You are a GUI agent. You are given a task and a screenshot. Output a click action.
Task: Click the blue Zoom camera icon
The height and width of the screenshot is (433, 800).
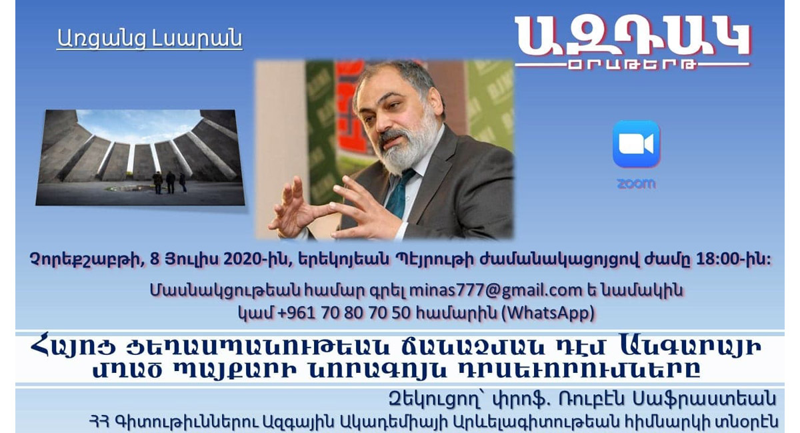pyautogui.click(x=636, y=143)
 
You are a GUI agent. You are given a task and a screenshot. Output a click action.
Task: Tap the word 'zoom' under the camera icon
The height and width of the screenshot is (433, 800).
pyautogui.click(x=636, y=183)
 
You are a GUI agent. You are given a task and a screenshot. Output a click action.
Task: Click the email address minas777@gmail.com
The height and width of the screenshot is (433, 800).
pyautogui.click(x=495, y=290)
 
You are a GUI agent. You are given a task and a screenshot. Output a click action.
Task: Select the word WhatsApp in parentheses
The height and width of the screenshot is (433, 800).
pyautogui.click(x=548, y=313)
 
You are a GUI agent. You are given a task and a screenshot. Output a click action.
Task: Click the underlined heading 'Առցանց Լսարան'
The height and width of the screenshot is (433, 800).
pyautogui.click(x=149, y=39)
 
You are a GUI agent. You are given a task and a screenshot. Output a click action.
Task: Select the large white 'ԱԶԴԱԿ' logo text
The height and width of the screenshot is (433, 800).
pyautogui.click(x=633, y=36)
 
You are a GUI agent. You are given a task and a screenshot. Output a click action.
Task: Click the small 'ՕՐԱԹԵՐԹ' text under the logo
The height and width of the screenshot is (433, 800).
pyautogui.click(x=632, y=65)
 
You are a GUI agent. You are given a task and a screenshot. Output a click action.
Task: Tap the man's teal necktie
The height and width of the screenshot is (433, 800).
pyautogui.click(x=400, y=193)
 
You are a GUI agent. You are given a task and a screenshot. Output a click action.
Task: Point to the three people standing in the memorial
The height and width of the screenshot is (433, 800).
pyautogui.click(x=169, y=182)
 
